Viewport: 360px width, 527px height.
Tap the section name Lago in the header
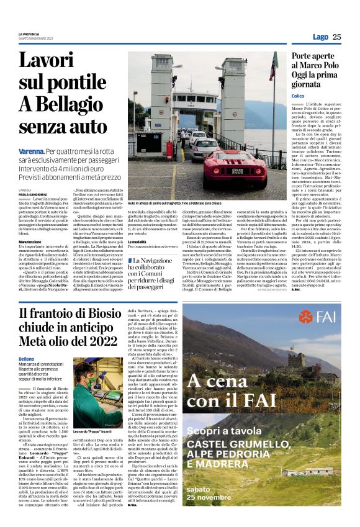[x=320, y=37]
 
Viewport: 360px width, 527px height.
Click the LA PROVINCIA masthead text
[x=29, y=34]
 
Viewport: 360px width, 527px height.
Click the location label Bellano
[x=26, y=359]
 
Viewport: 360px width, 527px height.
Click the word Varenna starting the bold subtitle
[x=31, y=151]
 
